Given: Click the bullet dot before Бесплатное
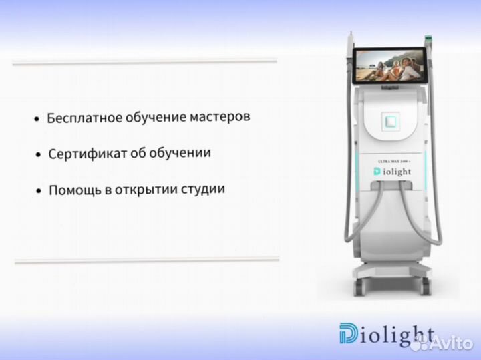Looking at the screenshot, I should pos(37,120).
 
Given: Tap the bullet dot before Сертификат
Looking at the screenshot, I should pos(38,156).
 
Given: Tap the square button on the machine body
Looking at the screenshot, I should pos(391,121).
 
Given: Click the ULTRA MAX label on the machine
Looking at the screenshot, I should pos(391,161).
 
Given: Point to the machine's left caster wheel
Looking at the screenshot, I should pos(359,285).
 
